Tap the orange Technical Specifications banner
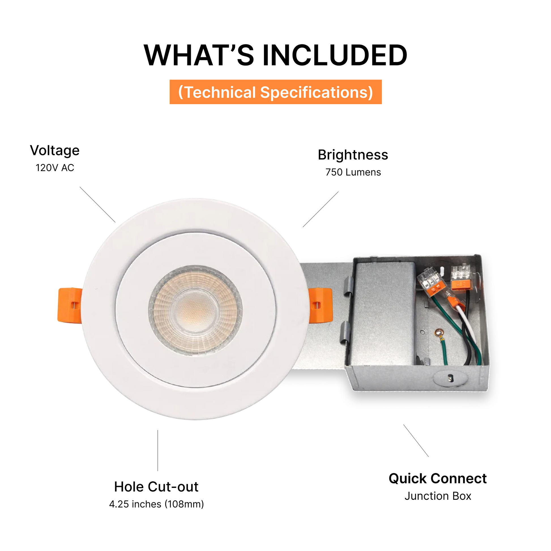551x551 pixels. coord(275,92)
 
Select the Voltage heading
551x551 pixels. coord(55,151)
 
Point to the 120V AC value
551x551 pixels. coord(55,168)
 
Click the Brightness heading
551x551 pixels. coord(353,155)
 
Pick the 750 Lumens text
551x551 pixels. coord(353,172)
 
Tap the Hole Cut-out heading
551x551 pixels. coord(156,487)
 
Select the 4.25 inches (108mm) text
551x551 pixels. coord(157,504)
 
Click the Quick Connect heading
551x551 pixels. coord(438,479)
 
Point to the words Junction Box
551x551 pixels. coord(438,496)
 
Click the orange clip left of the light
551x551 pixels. coord(70,306)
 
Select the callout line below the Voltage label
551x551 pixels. coord(97,205)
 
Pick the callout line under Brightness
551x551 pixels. coord(321,209)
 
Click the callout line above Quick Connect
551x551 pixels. coord(416,441)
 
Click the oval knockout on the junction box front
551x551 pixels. coord(450,378)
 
